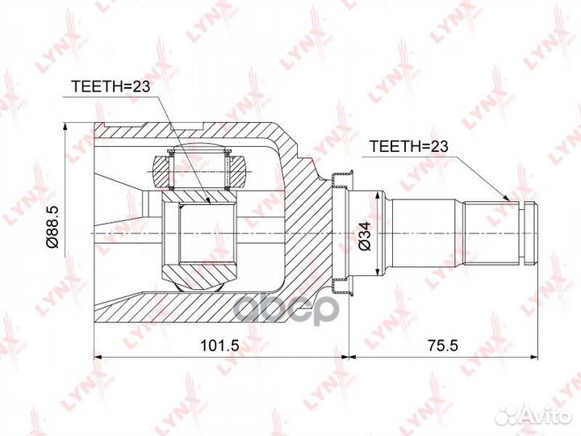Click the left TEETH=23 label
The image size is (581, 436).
coord(111,86)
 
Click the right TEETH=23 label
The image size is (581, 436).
coord(409,146)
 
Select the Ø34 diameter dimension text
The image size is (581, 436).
coord(365,236)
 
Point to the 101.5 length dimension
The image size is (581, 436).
coord(219,346)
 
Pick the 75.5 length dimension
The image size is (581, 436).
coord(443,346)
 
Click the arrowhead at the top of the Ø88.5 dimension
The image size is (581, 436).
coord(66,127)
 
